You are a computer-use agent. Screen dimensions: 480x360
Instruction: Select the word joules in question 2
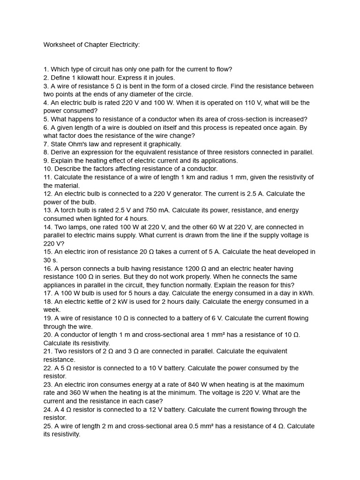[164, 78]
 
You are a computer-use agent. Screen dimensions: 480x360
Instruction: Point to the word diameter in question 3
[129, 94]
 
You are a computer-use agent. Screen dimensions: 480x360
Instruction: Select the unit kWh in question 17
[305, 293]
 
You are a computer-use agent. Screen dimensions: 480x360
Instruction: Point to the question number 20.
[47, 335]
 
